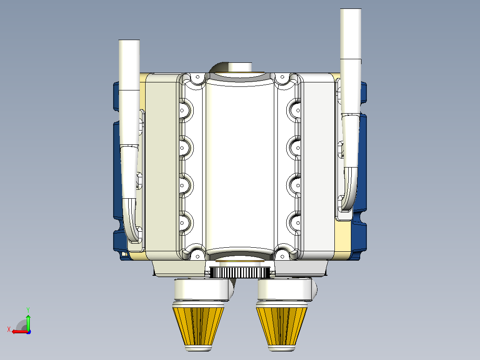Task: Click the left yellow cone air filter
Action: click(199, 327)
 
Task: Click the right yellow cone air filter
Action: click(281, 327)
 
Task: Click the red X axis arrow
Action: click(20, 332)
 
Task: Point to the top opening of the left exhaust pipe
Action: click(129, 41)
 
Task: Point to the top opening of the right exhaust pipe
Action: click(351, 9)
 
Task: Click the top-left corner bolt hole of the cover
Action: click(198, 77)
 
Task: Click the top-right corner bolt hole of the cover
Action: click(282, 77)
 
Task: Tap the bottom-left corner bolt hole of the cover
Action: click(198, 256)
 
